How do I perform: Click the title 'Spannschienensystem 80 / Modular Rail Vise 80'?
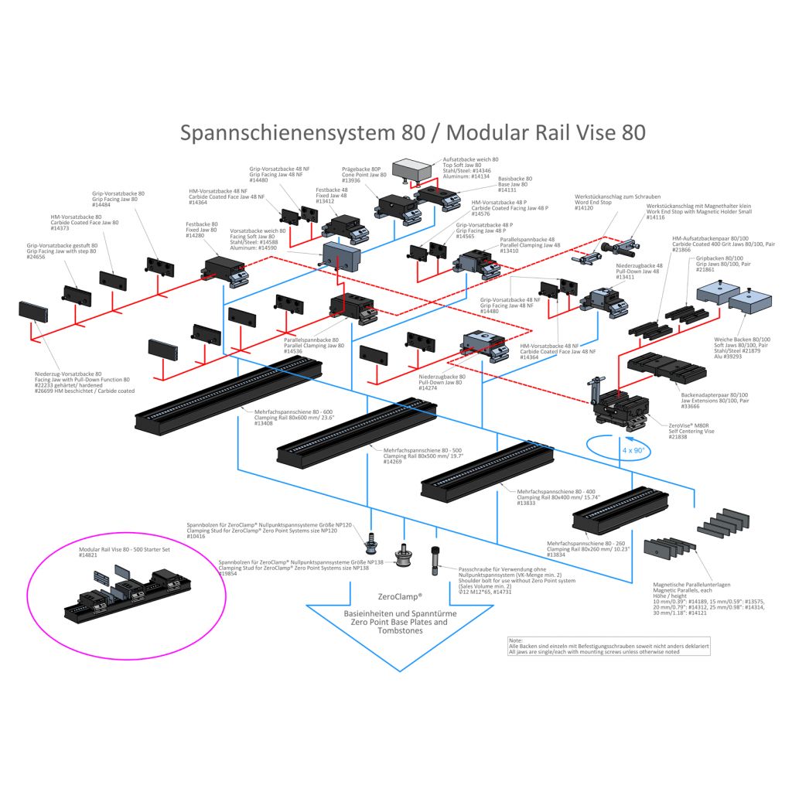coord(412,132)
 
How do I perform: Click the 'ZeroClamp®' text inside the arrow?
coord(400,597)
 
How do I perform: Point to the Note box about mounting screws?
coord(608,647)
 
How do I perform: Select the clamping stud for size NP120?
coord(370,541)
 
